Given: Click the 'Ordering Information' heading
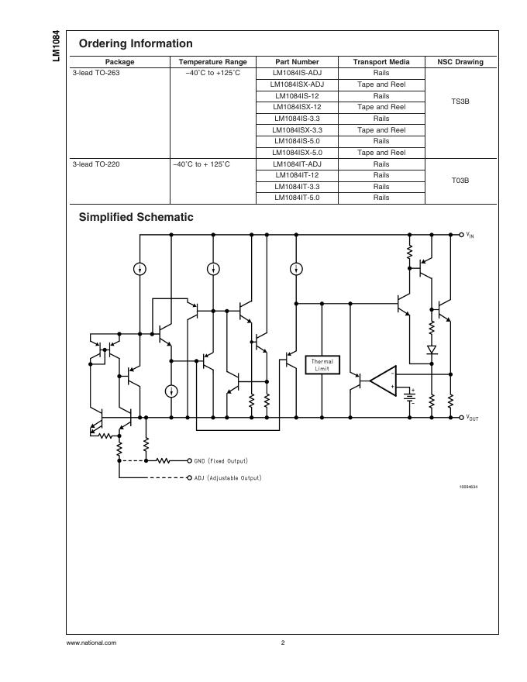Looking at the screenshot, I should (x=136, y=43).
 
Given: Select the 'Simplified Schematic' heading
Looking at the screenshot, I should (x=136, y=218).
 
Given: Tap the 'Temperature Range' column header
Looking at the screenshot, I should (x=212, y=62).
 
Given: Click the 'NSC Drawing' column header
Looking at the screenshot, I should (x=460, y=62).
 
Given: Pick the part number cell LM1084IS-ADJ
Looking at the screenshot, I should (x=297, y=73).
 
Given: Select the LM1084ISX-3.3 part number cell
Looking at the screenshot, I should (x=297, y=130).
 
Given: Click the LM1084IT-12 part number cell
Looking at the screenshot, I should (x=297, y=175).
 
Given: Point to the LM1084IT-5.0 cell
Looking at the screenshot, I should (x=297, y=198).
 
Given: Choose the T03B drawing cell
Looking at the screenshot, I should (x=460, y=181).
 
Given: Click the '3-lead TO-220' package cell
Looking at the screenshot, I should (x=96, y=164).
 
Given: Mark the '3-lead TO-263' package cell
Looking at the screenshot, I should (x=96, y=73).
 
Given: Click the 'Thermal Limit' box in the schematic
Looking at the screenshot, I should (x=322, y=364).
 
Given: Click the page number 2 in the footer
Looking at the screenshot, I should (x=283, y=642).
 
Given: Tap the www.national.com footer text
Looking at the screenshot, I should (x=91, y=642).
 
